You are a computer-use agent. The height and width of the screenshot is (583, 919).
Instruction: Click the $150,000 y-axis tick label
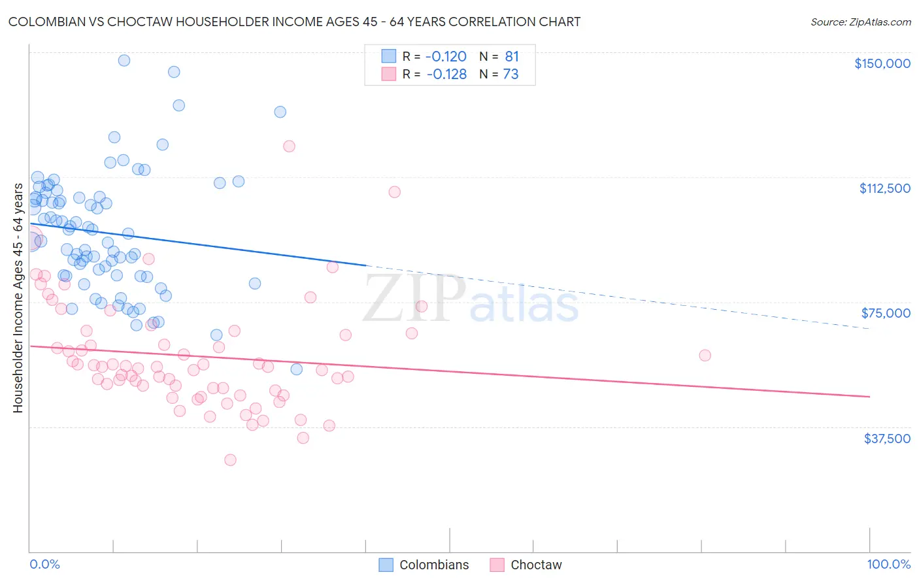(882, 63)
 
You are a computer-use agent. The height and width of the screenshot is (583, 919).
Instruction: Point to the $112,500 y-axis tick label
(884, 188)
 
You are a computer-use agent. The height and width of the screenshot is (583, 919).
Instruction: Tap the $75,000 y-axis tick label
(886, 313)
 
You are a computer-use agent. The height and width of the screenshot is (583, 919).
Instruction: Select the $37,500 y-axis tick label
(887, 439)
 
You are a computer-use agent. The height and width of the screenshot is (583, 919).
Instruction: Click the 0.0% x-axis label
(44, 564)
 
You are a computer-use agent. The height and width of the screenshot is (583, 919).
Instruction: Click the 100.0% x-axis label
(888, 564)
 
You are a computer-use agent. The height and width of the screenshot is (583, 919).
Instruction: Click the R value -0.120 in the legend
(446, 56)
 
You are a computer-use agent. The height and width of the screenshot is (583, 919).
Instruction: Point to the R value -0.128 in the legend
(446, 75)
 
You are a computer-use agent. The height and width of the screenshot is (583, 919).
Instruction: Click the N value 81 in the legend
(511, 56)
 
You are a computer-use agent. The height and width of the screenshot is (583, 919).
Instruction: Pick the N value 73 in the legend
(510, 75)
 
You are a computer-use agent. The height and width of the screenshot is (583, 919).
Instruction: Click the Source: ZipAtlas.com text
(860, 22)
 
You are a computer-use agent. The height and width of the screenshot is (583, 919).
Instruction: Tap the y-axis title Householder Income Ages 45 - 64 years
(18, 298)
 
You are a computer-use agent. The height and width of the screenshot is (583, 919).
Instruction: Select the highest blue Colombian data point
(124, 60)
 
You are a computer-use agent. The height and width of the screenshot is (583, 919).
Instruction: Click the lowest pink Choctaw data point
(230, 460)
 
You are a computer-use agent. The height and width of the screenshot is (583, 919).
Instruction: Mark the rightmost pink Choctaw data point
(705, 356)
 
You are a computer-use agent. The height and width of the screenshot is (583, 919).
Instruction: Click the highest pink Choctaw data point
(289, 146)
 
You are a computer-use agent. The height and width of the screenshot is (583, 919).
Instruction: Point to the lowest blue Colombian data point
(296, 369)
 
